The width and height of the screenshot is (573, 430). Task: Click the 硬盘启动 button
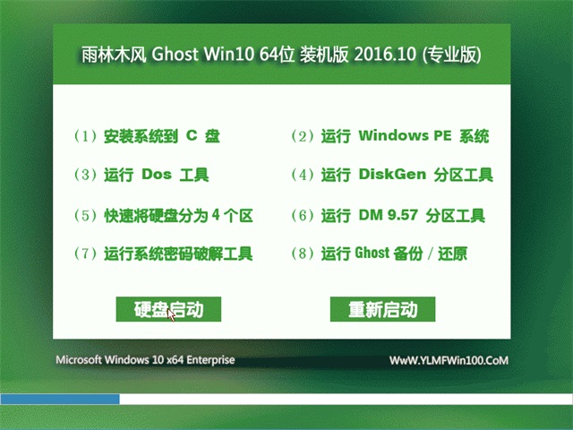168,310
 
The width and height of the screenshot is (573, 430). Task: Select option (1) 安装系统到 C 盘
148,137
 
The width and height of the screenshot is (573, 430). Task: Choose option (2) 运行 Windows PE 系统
390,137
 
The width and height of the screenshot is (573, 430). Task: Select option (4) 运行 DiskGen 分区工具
392,175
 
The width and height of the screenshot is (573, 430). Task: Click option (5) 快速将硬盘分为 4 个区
165,215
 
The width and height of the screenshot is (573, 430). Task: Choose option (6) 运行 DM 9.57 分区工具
389,215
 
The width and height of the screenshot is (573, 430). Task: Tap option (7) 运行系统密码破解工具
164,254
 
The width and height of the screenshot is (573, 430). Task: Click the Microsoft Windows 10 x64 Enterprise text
146,360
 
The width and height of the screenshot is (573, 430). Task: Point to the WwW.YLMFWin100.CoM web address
449,360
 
